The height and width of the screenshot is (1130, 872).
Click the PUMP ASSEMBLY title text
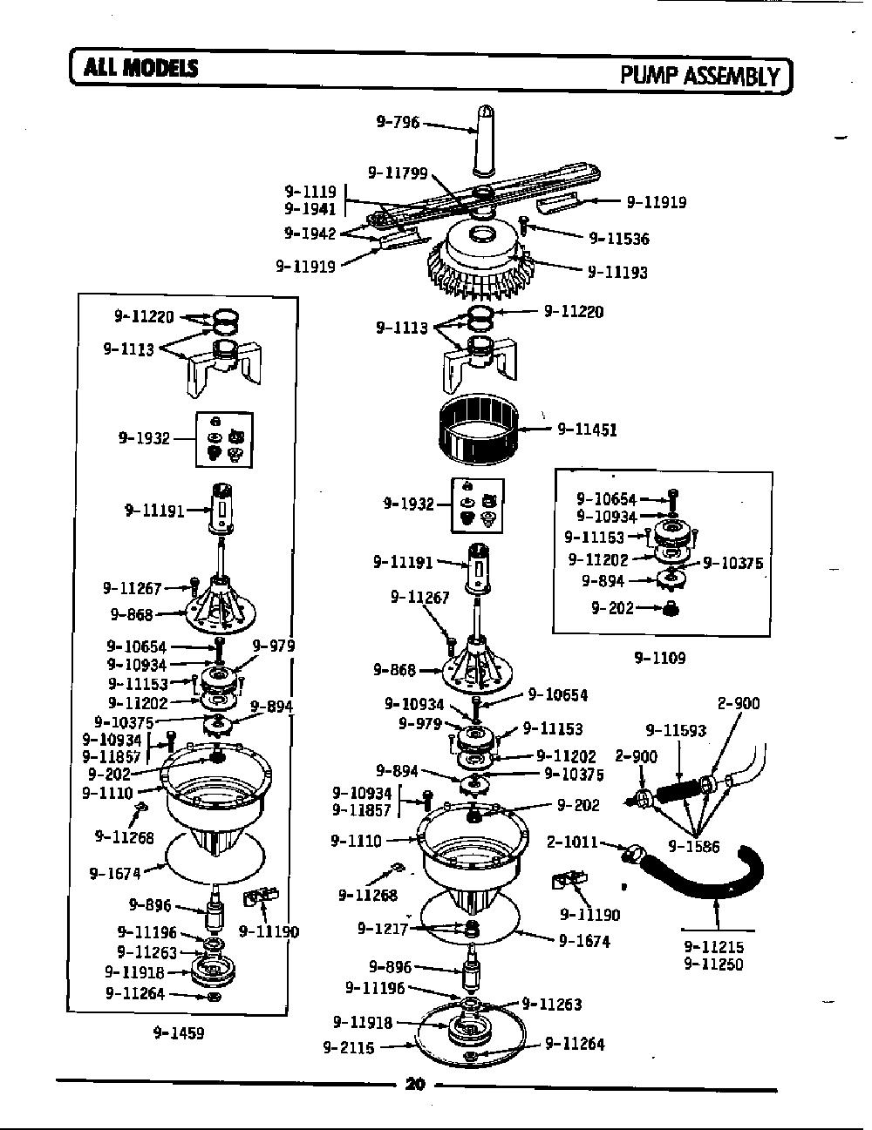point(700,77)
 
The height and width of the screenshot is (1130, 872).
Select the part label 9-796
point(398,122)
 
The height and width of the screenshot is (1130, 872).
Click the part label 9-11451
point(587,430)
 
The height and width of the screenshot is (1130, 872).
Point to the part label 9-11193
point(617,272)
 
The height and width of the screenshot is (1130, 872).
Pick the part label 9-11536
point(619,239)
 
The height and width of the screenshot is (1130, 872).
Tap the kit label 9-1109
point(660,658)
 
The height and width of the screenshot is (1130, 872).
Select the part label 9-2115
point(349,1047)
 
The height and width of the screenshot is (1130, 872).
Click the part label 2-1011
point(572,842)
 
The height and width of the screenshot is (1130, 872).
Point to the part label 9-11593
point(676,731)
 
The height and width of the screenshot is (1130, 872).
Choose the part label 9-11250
point(713,964)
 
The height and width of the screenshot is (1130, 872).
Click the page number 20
point(415,1084)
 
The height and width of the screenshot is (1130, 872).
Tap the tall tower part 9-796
point(483,140)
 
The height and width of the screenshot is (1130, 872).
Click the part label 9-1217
point(383,928)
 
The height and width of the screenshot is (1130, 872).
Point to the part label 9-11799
point(398,173)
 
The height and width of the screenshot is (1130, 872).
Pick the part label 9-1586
point(693,847)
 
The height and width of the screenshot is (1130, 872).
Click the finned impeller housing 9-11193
point(481,259)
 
